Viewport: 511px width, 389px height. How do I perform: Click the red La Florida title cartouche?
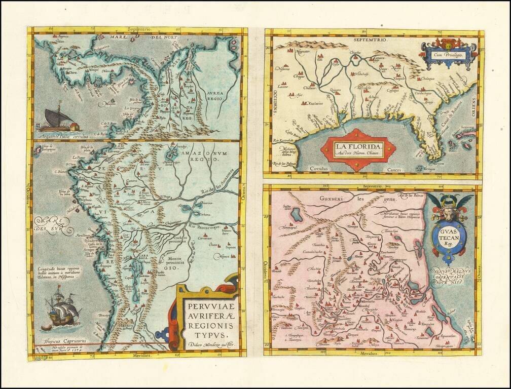358,150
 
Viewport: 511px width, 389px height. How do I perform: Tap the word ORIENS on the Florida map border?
474,108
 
